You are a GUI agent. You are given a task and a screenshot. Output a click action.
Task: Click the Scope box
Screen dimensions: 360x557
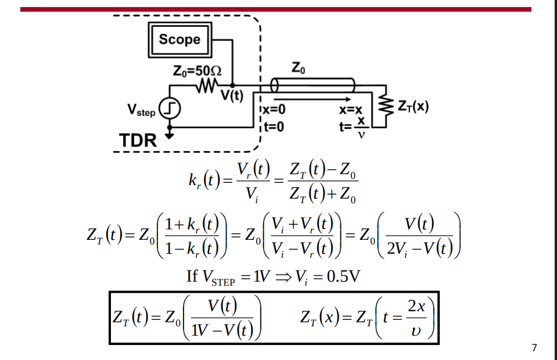click(179, 39)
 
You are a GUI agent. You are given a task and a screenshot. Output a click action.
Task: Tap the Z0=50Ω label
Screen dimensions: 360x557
click(197, 71)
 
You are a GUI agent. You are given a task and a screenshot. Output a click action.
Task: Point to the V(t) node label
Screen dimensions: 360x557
click(232, 96)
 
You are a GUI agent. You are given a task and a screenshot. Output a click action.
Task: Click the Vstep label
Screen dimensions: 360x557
click(141, 110)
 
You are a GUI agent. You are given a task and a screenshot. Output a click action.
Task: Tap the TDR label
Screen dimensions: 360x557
click(138, 141)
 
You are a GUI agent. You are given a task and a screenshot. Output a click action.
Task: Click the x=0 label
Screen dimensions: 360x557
click(273, 109)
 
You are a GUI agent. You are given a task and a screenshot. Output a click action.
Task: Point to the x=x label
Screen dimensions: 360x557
click(351, 109)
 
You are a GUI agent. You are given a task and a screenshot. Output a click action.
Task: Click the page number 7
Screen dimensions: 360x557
click(534, 348)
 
